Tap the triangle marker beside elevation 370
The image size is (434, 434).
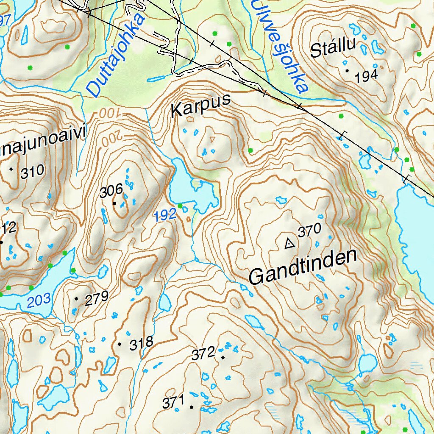289,243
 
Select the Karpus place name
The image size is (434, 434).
200,106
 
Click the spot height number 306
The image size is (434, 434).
111,192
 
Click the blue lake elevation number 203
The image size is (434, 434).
39,301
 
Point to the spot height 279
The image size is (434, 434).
97,298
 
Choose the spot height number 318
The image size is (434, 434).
141,344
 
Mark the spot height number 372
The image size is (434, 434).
203,354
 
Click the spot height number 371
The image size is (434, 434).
174,401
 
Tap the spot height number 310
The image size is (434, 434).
32,171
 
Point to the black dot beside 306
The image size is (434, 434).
114,203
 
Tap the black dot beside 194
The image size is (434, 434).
347,70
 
